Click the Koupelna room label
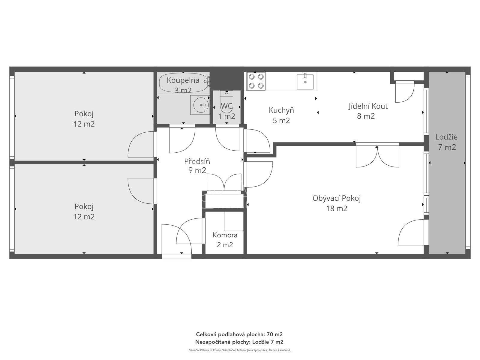pos(183,80)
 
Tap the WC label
pos(226,106)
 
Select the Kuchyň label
pos(281,110)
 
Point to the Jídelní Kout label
pos(368,106)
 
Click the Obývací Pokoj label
pos(337,198)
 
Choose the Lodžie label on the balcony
pos(446,137)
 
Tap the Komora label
pos(225,235)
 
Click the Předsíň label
pos(197,161)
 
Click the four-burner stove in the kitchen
pos(256,81)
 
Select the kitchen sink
pos(305,82)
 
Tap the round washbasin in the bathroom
pos(201,105)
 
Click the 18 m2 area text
pos(337,208)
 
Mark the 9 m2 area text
pos(197,170)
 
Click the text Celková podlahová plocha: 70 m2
pos(239,334)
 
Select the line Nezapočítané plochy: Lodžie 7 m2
pos(239,342)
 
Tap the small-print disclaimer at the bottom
pos(240,350)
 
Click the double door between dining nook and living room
pos(377,155)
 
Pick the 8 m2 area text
pos(366,116)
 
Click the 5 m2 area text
pos(281,120)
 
